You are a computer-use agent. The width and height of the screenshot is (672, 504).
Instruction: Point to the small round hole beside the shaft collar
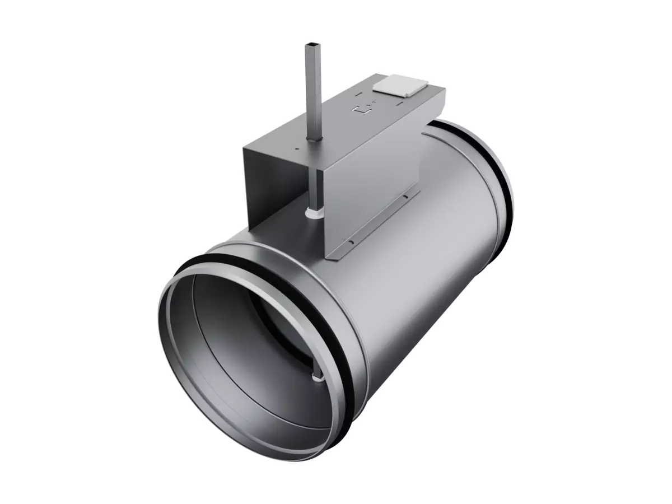[x=296, y=148]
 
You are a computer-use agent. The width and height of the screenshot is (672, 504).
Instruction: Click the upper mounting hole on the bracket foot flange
[x=402, y=197]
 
